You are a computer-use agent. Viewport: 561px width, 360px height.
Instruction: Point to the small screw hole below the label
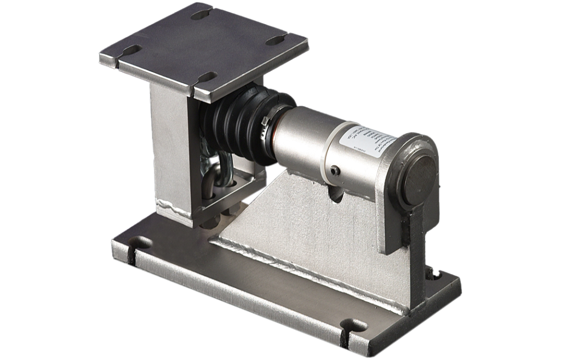(335, 170)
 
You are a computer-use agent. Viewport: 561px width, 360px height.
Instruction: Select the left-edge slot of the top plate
(131, 50)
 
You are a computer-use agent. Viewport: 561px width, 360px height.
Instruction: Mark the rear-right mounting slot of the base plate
(432, 272)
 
